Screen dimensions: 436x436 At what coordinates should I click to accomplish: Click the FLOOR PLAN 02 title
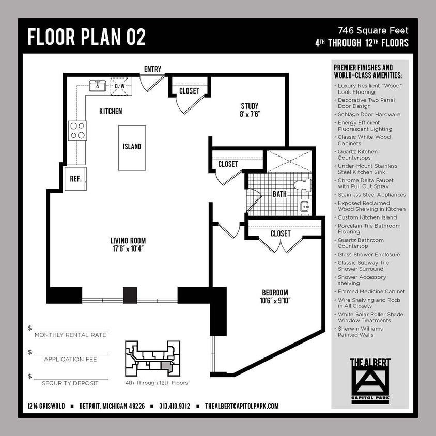coord(87,38)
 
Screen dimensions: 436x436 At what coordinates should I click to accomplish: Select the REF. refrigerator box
coord(75,179)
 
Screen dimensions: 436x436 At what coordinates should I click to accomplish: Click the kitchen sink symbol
coord(97,86)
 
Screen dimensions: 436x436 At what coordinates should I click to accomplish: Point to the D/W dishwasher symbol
coord(120,86)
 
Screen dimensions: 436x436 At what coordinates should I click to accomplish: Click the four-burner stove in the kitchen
coord(77,130)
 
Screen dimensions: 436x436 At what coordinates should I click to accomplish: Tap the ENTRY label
coord(152,69)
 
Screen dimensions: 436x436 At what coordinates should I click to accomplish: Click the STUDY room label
coord(250,106)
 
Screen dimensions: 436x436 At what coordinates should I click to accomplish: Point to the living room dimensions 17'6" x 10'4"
coord(128,248)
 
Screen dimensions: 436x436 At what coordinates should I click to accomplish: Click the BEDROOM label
coord(275,292)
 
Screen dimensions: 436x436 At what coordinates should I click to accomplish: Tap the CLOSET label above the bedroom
coord(281,233)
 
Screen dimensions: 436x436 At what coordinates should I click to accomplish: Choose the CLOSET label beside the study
coord(189,91)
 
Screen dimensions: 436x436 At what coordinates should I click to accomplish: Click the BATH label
coord(279,195)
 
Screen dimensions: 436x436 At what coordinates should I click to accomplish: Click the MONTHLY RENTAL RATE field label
coord(70,335)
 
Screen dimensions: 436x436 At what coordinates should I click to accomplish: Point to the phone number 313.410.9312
coord(175,406)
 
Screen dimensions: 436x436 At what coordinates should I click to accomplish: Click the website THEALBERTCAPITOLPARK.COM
coord(242,406)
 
